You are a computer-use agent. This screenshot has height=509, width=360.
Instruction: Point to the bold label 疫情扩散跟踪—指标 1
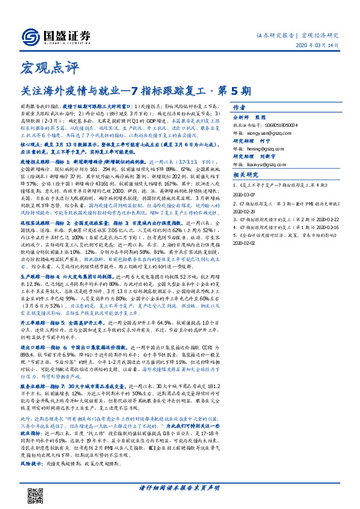point(49,145)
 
